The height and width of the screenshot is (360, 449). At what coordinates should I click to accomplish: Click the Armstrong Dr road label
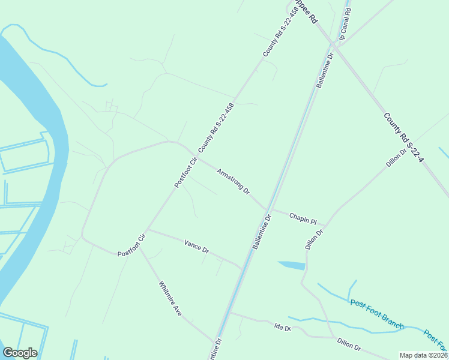(x=234, y=181)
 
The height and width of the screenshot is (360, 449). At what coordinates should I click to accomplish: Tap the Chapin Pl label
(x=303, y=218)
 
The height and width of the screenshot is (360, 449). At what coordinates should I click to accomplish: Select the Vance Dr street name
(x=196, y=245)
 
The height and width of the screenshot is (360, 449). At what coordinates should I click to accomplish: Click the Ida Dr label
(x=282, y=328)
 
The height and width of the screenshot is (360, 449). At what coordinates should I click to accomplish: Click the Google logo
(x=20, y=353)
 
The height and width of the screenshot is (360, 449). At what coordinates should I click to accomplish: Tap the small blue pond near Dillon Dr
(x=292, y=265)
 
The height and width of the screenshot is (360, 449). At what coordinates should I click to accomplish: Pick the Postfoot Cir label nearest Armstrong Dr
(x=185, y=172)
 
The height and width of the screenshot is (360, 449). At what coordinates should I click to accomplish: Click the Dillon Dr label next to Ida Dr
(x=349, y=344)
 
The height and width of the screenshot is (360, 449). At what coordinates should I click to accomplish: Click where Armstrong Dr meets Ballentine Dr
(x=267, y=209)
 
